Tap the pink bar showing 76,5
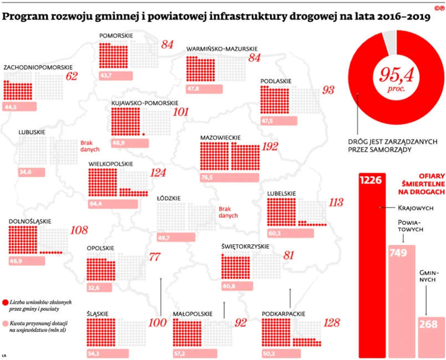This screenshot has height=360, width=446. tap(229, 177)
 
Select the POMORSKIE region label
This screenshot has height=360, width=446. tap(115, 36)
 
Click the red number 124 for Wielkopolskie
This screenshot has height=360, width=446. tap(157, 173)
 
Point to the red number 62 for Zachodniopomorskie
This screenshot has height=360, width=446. tap(71, 76)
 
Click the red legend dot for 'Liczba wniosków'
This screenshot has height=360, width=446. tap(5, 301)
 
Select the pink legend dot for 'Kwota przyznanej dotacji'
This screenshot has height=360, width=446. tap(5, 323)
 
